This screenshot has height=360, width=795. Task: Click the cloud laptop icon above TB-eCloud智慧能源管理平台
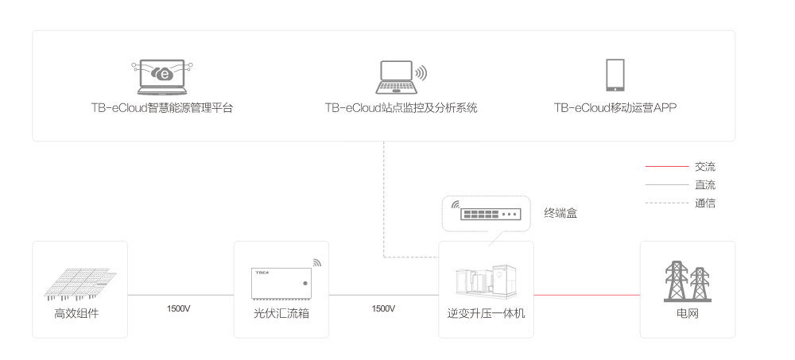coord(161,75)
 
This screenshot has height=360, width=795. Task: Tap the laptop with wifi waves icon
coord(397,74)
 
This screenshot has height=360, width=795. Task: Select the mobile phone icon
coord(615,75)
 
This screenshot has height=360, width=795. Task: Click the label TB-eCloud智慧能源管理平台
coord(161,107)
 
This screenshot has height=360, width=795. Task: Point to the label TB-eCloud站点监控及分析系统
coord(401,107)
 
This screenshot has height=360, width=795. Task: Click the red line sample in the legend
coord(666,167)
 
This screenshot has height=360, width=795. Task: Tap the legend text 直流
coord(704,185)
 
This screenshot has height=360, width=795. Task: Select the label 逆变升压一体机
coord(486,314)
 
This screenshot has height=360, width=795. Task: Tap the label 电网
coord(687,314)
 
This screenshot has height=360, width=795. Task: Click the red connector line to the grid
coord(586,295)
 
